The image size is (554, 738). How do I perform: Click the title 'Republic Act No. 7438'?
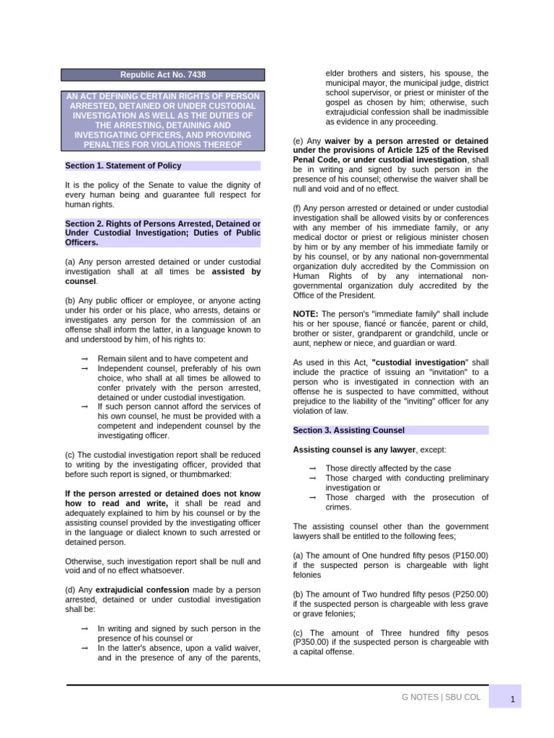point(162,75)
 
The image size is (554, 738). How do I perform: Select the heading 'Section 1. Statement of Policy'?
point(123,166)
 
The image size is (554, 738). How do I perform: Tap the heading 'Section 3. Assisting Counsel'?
point(348,430)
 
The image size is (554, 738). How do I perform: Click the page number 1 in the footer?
point(511,699)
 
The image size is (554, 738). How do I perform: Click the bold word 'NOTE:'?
point(305,314)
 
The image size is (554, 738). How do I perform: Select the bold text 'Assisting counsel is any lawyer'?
point(354,450)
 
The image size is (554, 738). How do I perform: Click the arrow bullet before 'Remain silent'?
point(85,359)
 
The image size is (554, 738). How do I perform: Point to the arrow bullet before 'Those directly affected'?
point(312,468)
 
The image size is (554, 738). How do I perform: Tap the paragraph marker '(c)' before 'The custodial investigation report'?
point(70,455)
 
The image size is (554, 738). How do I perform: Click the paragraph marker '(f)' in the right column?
point(297,208)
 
